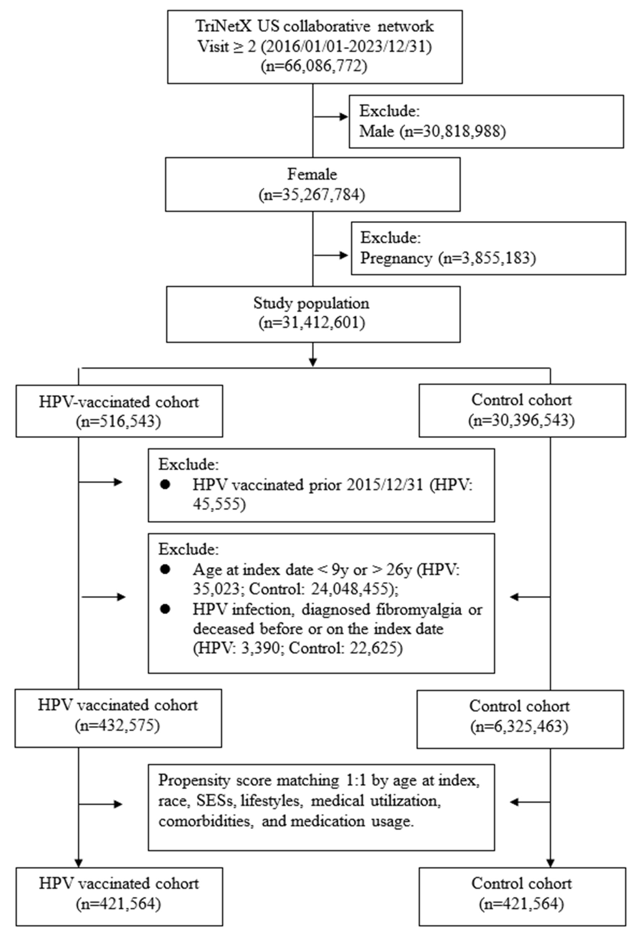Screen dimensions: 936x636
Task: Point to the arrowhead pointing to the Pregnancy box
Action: click(344, 255)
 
